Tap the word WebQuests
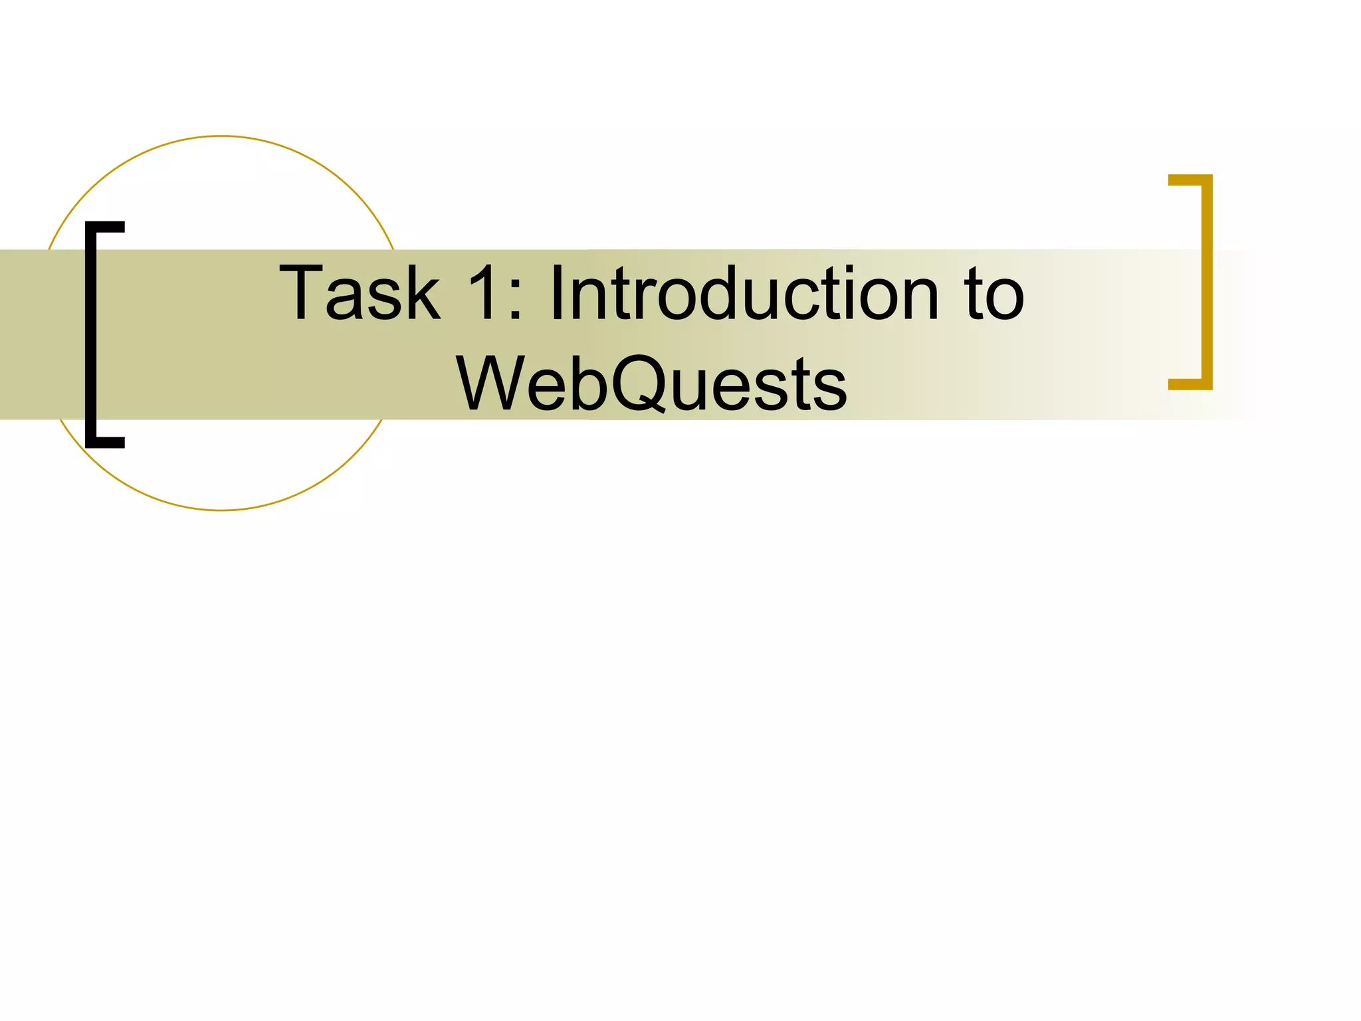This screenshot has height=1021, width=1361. [x=651, y=384]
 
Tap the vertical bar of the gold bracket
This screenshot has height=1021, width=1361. [x=1207, y=282]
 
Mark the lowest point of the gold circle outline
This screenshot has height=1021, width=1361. [x=221, y=510]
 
